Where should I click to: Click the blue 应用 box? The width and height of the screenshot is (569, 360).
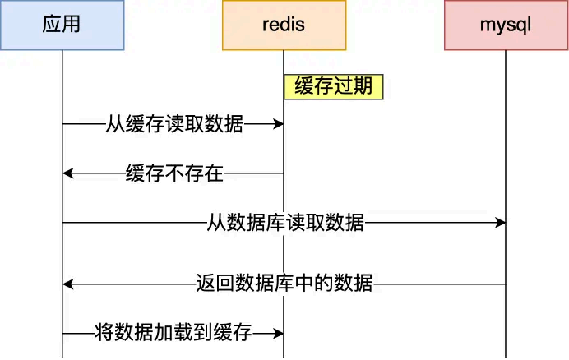pos(62,25)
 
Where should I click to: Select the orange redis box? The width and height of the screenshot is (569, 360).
pos(284,25)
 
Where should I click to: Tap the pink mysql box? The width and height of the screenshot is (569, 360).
pos(506,25)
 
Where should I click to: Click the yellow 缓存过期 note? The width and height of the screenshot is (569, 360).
pos(334,87)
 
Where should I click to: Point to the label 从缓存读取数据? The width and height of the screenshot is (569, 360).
pos(174,124)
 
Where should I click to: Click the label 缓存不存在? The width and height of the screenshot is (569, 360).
pos(174,173)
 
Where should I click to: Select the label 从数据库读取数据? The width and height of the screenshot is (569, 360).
pos(284,223)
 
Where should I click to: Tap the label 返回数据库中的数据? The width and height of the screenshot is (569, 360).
pos(284,284)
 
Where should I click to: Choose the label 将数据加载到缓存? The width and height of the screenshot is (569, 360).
pos(174,334)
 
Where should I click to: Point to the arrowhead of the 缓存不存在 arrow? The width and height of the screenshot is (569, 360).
pos(68,173)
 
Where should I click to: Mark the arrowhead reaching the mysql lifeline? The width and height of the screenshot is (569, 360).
pos(500,223)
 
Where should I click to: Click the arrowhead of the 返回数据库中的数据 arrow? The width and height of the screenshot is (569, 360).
pos(68,284)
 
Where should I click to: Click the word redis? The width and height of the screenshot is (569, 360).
pos(284,25)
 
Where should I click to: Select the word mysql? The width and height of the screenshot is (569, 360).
pos(506,25)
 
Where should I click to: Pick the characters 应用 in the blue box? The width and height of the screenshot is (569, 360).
pos(62,25)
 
